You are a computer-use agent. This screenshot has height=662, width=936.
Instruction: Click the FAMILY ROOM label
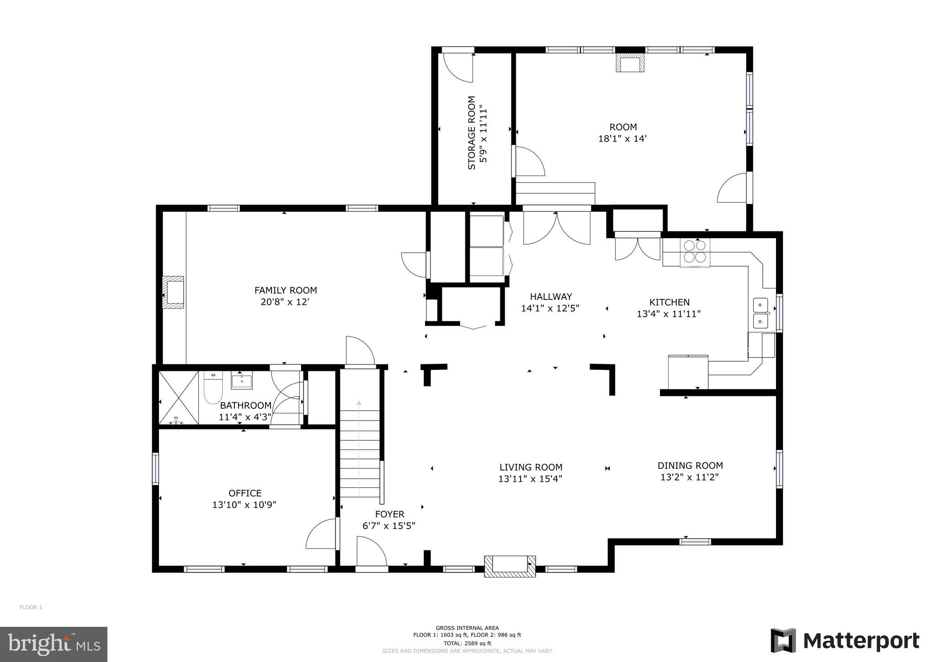(x=286, y=290)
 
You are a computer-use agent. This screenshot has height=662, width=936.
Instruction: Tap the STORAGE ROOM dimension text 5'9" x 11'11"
(x=483, y=133)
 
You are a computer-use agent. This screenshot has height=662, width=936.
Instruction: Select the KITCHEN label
(x=669, y=302)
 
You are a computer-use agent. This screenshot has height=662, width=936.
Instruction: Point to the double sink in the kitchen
(x=760, y=313)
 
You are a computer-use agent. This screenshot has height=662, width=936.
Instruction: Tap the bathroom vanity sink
(x=241, y=381)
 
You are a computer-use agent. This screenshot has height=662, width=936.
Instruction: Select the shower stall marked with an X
(x=179, y=398)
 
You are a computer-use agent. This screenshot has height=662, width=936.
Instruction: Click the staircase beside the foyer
(x=360, y=453)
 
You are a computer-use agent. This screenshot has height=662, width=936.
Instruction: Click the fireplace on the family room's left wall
(x=174, y=292)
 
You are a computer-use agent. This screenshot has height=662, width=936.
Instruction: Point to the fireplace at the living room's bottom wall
(x=510, y=566)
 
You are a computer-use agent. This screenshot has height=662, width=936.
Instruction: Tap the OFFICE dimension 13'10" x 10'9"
(x=245, y=505)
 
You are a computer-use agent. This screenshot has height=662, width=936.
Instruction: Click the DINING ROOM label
(x=690, y=465)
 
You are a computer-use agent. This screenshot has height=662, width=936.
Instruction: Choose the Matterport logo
(x=845, y=641)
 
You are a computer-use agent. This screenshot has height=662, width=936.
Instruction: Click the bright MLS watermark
(x=53, y=644)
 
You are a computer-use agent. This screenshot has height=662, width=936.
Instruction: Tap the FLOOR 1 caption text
(x=31, y=607)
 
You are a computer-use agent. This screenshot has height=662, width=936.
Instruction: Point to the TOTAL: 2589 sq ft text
(x=467, y=643)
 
